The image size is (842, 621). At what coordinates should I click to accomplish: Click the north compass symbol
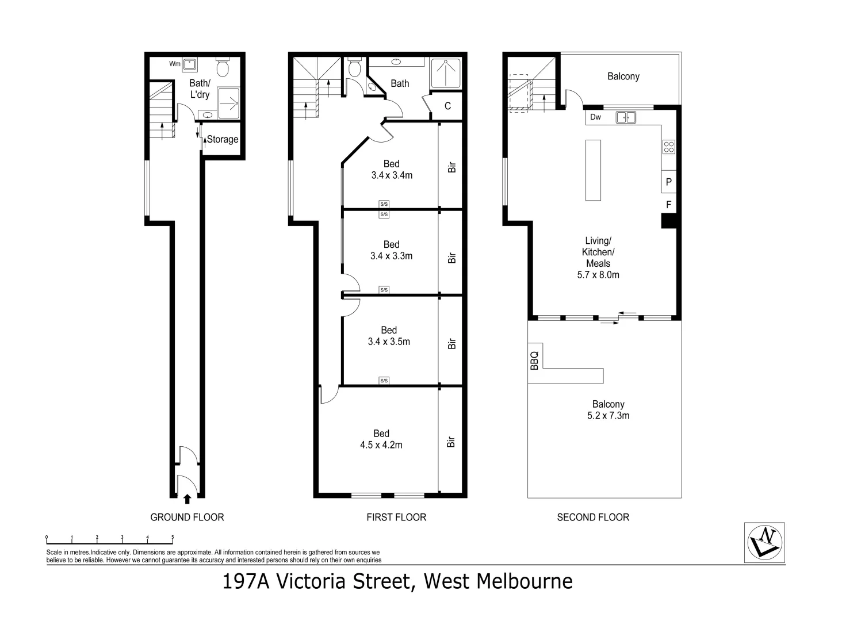coord(764,542)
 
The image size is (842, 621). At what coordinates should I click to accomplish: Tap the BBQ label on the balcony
coord(534,360)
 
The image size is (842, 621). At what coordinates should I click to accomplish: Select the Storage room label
coord(222,139)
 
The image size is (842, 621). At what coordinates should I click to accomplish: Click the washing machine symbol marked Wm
coord(190,64)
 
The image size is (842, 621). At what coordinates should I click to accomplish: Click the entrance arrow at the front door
coord(186,499)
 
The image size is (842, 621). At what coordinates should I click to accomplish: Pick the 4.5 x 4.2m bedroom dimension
coord(381,444)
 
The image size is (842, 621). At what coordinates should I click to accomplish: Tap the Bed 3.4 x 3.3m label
coord(391,250)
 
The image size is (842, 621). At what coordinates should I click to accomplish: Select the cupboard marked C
coord(447,106)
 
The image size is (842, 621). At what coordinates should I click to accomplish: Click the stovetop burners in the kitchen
coord(668,147)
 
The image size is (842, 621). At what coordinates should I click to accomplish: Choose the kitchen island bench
coord(593,170)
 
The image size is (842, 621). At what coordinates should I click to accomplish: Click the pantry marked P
coord(668,182)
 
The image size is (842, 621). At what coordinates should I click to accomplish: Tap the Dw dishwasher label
coord(595,117)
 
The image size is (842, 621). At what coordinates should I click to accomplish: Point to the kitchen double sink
coord(626,117)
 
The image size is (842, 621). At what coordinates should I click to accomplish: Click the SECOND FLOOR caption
coord(593,517)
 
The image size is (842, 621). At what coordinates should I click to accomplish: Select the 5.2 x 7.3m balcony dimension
coord(608,415)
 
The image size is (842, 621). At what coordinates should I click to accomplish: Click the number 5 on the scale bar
coord(173,538)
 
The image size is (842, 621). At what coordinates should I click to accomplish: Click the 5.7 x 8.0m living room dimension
coord(598,275)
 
